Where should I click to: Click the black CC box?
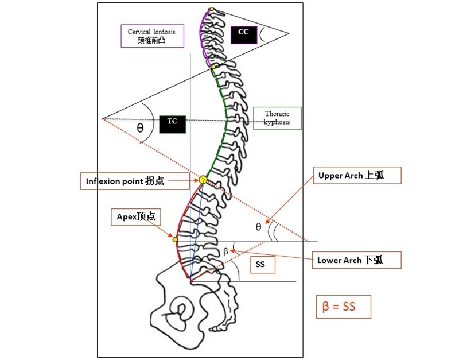pyautogui.click(x=243, y=34)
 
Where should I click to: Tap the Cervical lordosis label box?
pyautogui.click(x=152, y=36)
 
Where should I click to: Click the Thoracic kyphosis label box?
pyautogui.click(x=277, y=118)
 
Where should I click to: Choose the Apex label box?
pyautogui.click(x=135, y=217)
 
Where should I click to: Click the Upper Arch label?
pyautogui.click(x=356, y=176)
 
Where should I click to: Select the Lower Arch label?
pyautogui.click(x=356, y=260)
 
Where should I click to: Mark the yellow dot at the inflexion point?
pyautogui.click(x=203, y=180)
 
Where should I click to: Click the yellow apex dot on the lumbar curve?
pyautogui.click(x=175, y=238)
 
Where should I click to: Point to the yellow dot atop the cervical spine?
pyautogui.click(x=211, y=9)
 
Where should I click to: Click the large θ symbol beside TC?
pyautogui.click(x=140, y=128)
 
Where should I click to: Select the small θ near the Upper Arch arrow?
pyautogui.click(x=258, y=227)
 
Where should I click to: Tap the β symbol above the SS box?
pyautogui.click(x=225, y=251)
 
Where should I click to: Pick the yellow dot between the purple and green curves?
pyautogui.click(x=213, y=67)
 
